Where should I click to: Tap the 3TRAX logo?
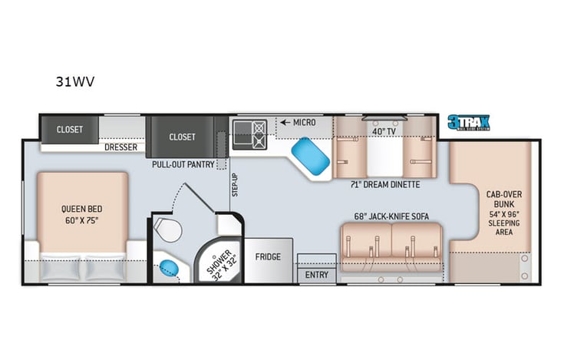tap(469, 122)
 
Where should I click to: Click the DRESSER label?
tap(120, 146)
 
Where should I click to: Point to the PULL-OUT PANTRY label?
tap(183, 163)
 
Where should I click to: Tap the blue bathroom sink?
tap(169, 269)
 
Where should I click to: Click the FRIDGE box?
tap(269, 257)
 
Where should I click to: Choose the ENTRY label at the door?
tap(316, 275)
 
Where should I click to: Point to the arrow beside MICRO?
tap(285, 122)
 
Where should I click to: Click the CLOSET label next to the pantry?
tap(182, 137)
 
